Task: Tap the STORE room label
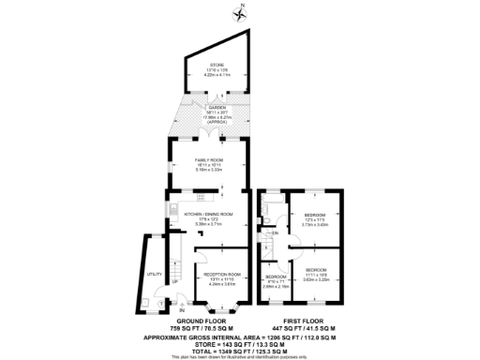[217, 65]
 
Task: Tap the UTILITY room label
[153, 274]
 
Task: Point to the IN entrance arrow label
[171, 309]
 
